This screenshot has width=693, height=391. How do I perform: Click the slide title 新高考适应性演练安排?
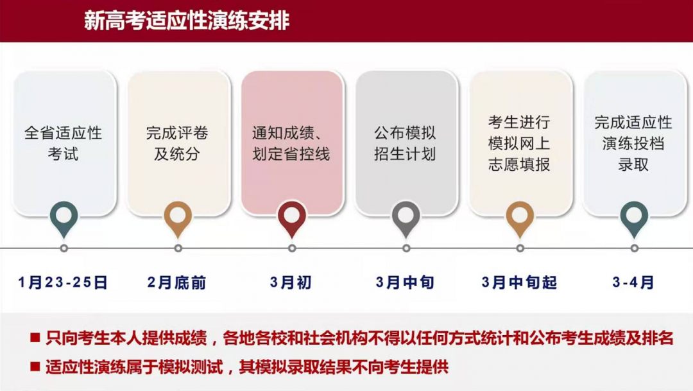click(187, 21)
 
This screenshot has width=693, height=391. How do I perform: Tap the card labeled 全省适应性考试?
click(64, 143)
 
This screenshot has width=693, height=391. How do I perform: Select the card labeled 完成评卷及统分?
click(178, 143)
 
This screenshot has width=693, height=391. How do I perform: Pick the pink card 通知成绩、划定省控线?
click(292, 143)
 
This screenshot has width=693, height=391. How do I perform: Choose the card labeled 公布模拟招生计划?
click(406, 143)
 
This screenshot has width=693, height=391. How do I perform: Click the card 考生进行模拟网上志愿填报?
click(520, 143)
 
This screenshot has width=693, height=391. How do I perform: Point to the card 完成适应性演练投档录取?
click(633, 143)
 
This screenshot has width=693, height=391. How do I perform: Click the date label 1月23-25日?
click(64, 282)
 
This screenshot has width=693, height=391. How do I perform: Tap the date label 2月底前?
click(177, 282)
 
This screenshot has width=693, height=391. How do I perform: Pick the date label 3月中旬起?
click(520, 282)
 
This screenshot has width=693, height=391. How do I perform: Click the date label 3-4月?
click(633, 282)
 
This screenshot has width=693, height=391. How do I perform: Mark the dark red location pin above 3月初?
click(292, 218)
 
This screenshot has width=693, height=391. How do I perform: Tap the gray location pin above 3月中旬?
click(406, 218)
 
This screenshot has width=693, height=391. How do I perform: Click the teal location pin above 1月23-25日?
click(64, 218)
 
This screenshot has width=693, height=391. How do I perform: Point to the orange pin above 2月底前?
click(178, 218)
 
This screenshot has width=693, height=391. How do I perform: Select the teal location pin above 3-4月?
click(633, 218)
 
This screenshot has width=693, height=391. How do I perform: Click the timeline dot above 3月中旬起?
click(520, 248)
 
